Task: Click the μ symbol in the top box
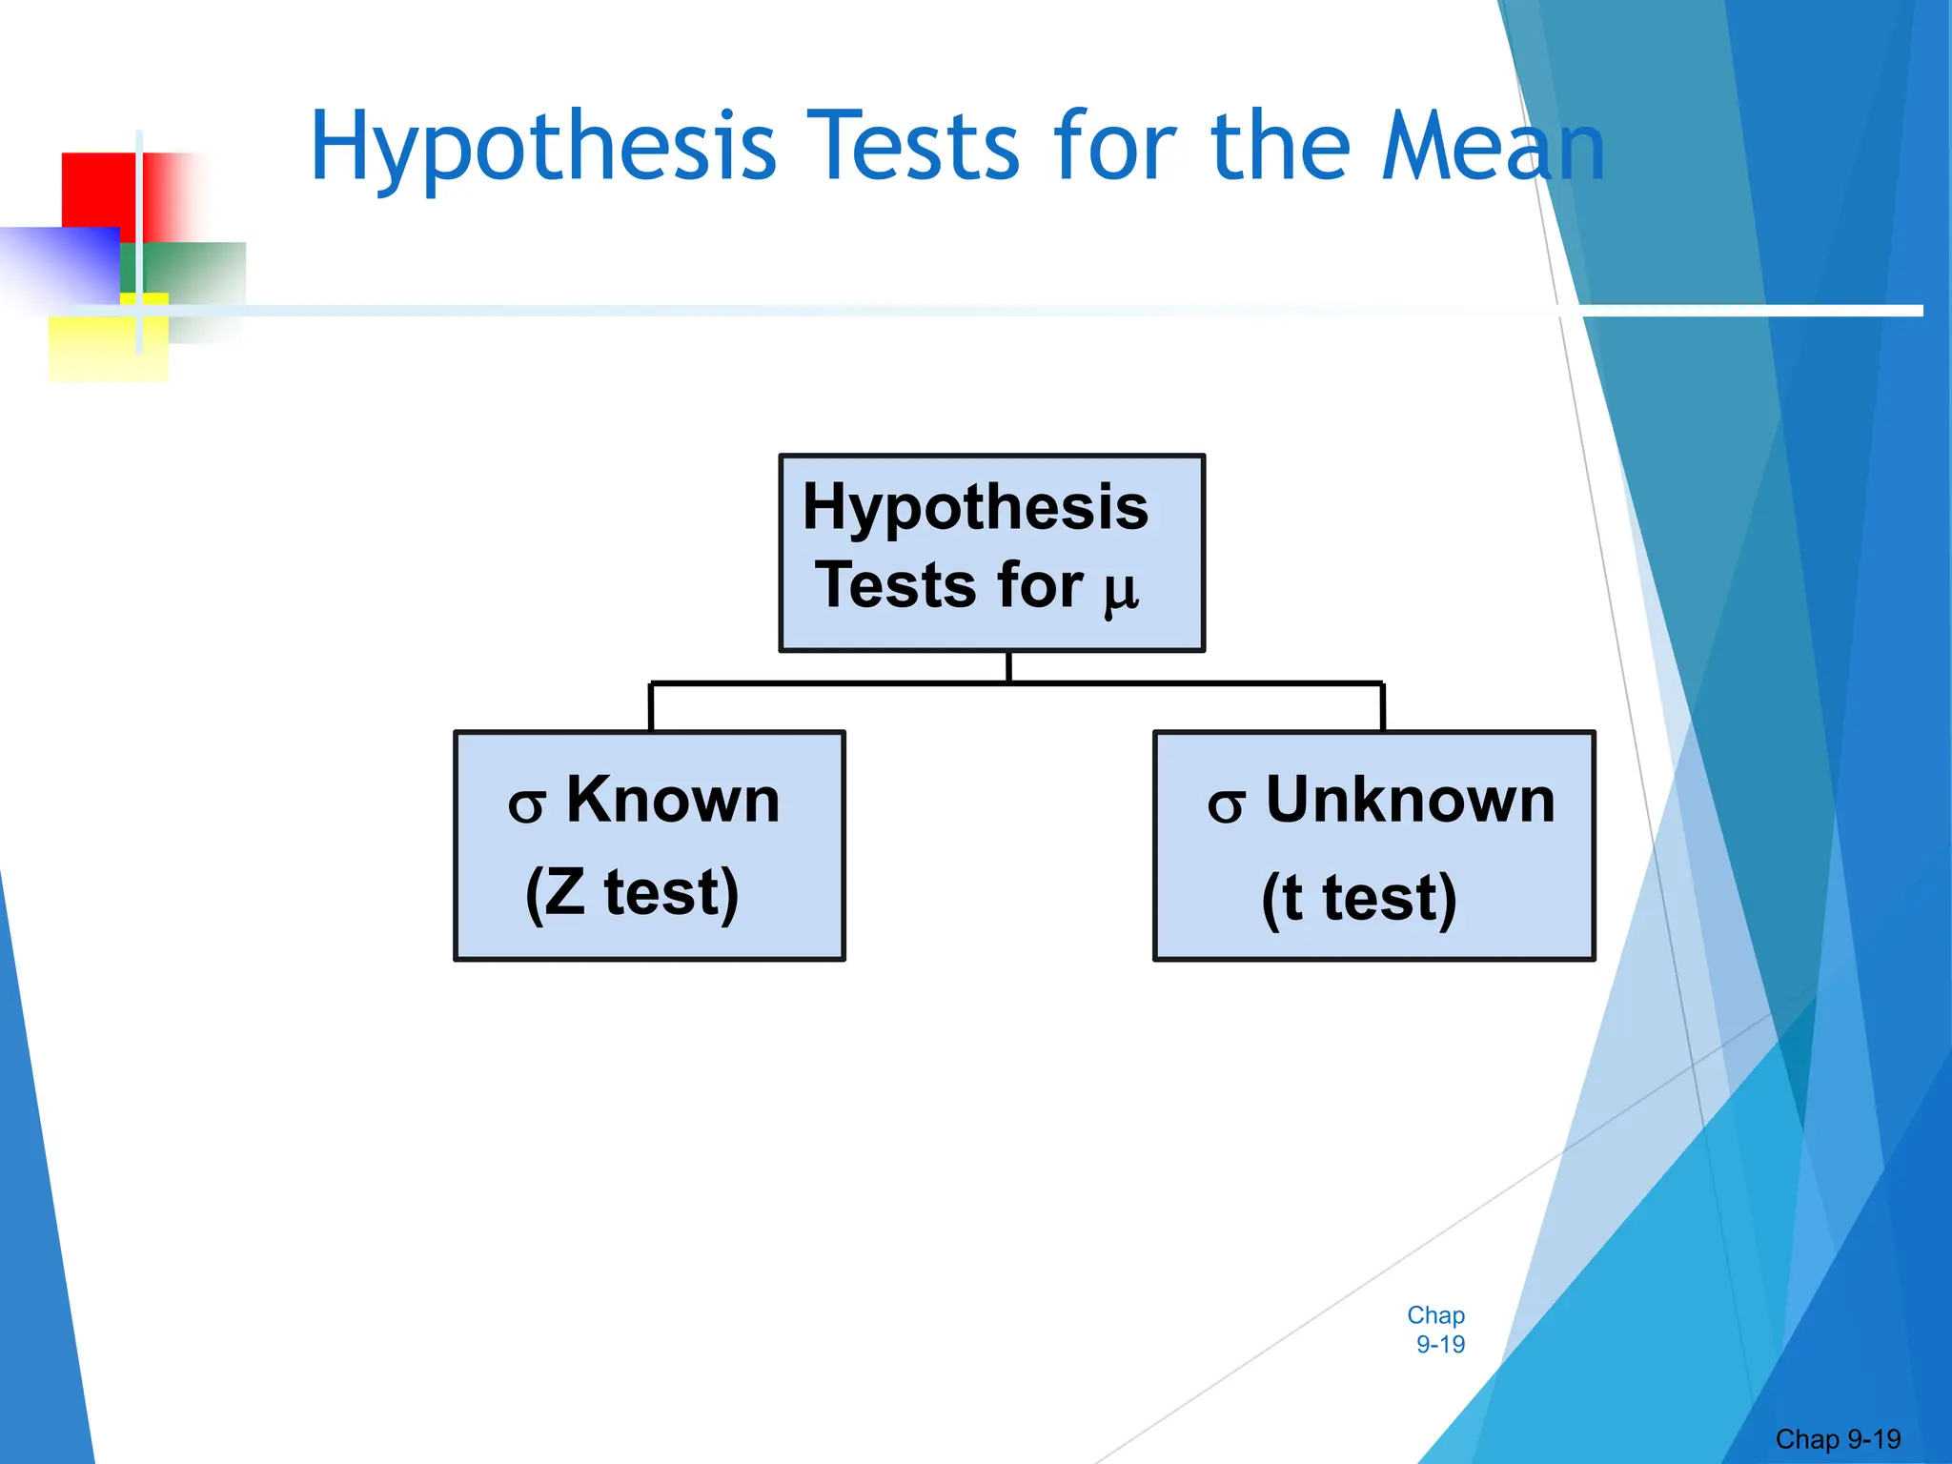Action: point(1121,590)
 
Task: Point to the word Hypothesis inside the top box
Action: point(975,507)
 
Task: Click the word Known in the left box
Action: point(673,800)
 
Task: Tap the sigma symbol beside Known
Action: point(526,806)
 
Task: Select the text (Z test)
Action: point(632,893)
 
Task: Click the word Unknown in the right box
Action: point(1410,800)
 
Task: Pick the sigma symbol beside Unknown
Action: point(1226,806)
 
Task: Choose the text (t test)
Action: point(1359,899)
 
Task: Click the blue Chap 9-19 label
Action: point(1436,1330)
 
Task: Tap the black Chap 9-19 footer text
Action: point(1838,1439)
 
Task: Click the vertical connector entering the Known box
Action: point(651,707)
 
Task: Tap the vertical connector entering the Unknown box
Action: point(1382,707)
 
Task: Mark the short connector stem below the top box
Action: point(1008,667)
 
